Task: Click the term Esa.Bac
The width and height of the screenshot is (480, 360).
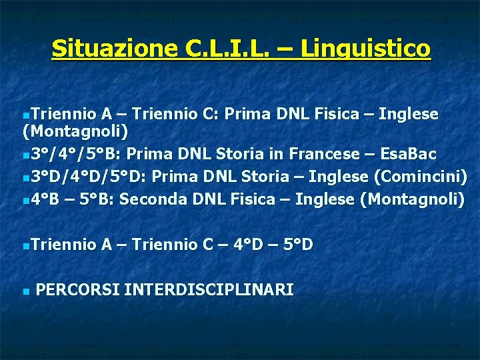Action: click(x=409, y=155)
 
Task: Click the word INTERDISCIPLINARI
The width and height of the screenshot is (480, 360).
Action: click(x=209, y=289)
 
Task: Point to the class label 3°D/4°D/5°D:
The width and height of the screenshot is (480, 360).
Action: click(x=93, y=177)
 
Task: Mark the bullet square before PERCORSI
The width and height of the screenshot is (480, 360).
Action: click(x=25, y=291)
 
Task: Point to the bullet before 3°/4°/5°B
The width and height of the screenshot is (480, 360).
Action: click(x=25, y=156)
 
